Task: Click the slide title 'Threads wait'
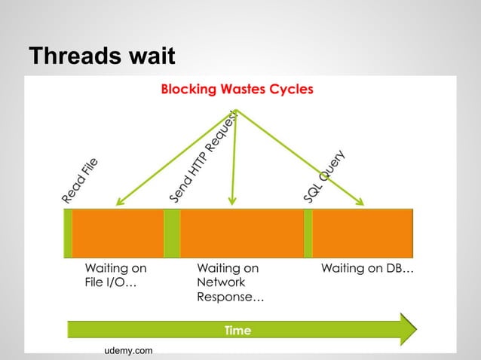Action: coord(101,56)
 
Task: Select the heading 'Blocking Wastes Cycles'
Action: coord(237,90)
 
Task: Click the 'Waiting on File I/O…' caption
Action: coord(115,276)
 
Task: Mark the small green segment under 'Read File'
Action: coord(68,233)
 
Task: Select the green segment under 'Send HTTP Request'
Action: coord(172,233)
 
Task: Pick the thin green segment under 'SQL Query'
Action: coord(308,233)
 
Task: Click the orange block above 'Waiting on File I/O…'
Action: coord(118,233)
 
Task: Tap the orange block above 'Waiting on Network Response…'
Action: coord(241,233)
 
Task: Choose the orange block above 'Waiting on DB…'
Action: coord(363,233)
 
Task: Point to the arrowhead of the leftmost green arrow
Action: coord(118,203)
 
